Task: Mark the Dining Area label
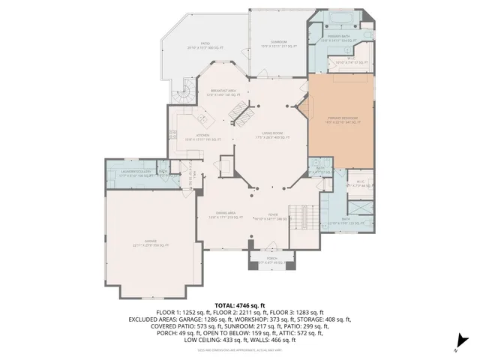222,214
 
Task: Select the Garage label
151,241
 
